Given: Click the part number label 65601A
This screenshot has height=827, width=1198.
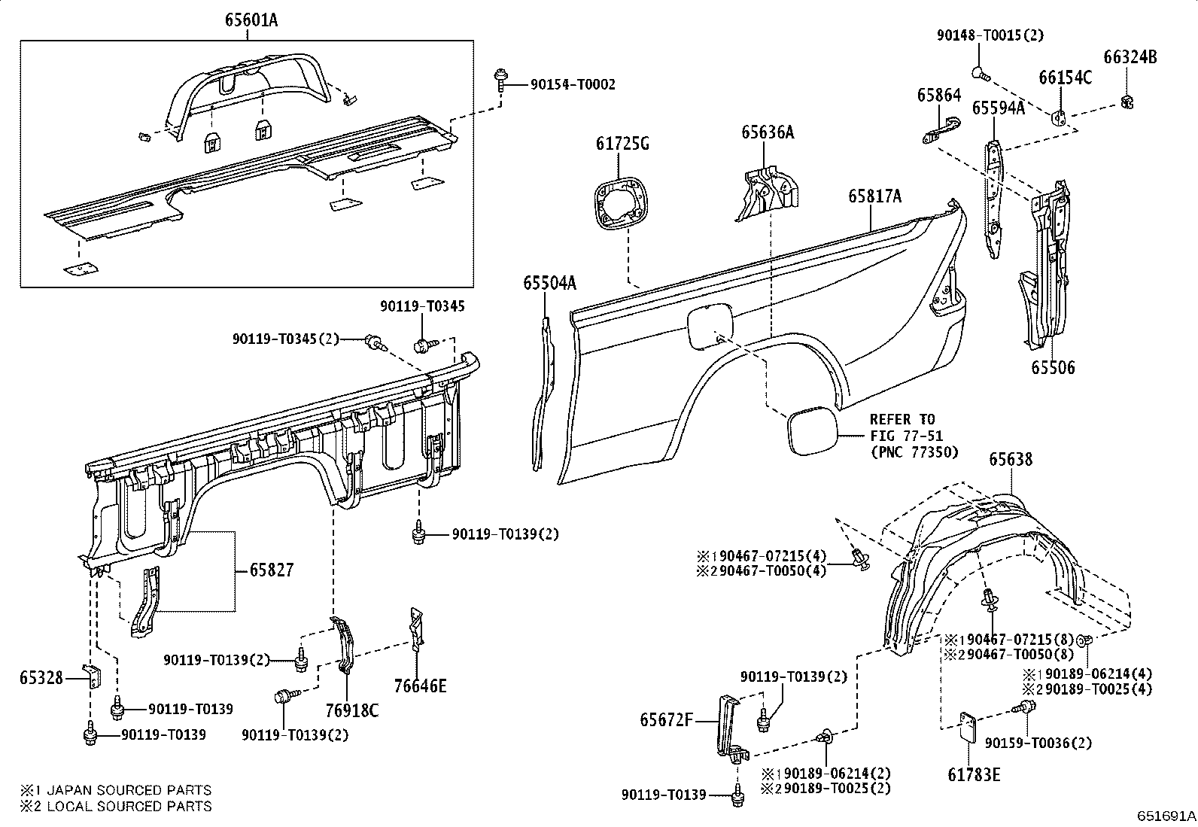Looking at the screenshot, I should [x=251, y=20].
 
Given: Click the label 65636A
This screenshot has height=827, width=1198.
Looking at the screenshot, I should [x=767, y=132].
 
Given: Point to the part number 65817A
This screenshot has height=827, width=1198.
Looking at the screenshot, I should [x=874, y=196].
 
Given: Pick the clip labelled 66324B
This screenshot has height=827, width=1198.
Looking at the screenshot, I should [x=1127, y=101].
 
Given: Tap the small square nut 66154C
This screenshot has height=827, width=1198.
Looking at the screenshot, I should [x=1058, y=117].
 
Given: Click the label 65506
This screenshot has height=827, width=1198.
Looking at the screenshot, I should [x=1053, y=368].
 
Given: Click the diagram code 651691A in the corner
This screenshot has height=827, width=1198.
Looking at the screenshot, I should [x=1166, y=815].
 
